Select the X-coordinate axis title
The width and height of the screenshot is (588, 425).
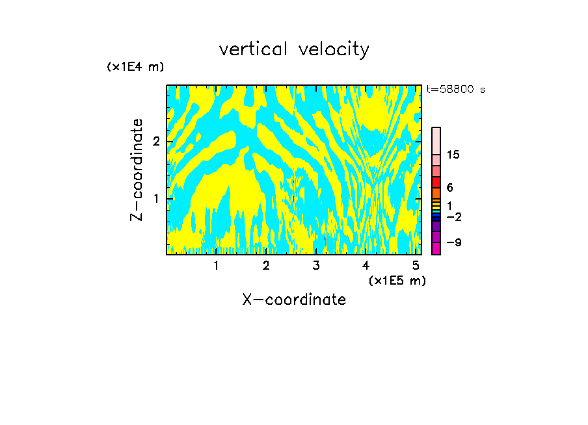[x=294, y=300]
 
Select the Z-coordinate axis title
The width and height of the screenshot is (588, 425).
[x=137, y=170]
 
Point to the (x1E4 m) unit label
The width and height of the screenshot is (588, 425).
[x=135, y=67]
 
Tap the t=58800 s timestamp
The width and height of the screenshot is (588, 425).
[x=455, y=90]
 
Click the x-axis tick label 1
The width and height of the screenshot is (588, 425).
[x=216, y=265]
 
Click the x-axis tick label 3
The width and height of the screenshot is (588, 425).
[x=316, y=265]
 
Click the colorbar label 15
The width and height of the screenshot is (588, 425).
[x=453, y=155]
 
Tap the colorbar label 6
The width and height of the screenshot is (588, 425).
[x=449, y=188]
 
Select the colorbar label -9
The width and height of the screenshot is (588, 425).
[x=454, y=243]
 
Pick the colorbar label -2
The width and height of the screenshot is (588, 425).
[x=454, y=216]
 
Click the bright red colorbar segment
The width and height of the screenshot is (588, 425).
[x=436, y=183]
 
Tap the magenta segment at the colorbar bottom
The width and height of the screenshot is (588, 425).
[x=436, y=248]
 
